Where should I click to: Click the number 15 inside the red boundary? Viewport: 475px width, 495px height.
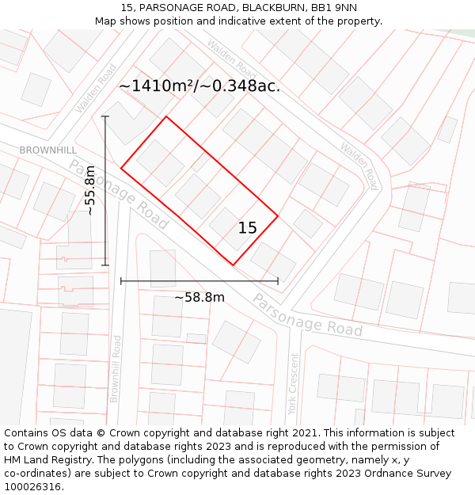247,228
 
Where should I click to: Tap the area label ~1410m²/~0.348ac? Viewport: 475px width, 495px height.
199,86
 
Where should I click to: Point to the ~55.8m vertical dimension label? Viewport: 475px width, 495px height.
90,190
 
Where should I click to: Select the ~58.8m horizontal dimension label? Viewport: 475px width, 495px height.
199,297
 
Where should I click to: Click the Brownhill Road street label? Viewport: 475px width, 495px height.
116,368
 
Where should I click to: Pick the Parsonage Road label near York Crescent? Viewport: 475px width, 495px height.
307,314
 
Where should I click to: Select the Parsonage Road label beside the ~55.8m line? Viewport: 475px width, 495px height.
118,195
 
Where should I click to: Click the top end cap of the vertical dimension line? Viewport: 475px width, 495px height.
105,116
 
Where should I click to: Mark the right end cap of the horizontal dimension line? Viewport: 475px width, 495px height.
278,280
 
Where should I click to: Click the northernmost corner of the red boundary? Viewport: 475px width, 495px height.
166,116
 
